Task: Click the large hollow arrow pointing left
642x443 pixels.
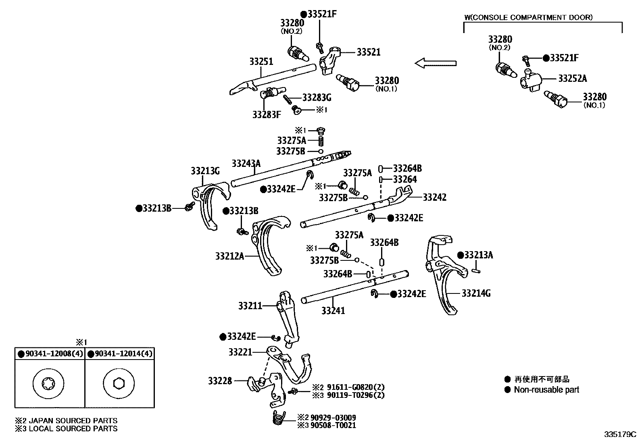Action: [436, 63]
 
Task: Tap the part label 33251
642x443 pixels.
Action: [261, 62]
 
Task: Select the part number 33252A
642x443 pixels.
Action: [572, 79]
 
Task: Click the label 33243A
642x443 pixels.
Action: [246, 163]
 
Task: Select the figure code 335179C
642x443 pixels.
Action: [619, 435]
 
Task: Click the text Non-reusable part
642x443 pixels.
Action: [546, 390]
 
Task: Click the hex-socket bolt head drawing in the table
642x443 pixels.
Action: [119, 383]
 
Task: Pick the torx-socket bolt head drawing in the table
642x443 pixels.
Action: [48, 383]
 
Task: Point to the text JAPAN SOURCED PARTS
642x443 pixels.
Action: [73, 421]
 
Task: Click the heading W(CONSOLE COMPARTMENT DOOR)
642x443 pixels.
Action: [528, 17]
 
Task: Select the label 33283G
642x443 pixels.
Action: [317, 97]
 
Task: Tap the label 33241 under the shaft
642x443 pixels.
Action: [333, 311]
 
